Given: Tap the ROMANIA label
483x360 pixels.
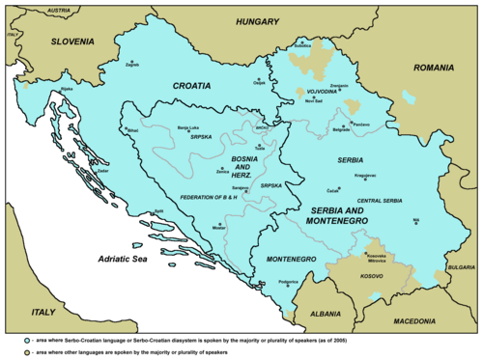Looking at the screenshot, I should (x=434, y=69).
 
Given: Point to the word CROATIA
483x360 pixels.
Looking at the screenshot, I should (x=191, y=85).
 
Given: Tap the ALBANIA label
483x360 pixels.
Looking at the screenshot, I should (x=317, y=315).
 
